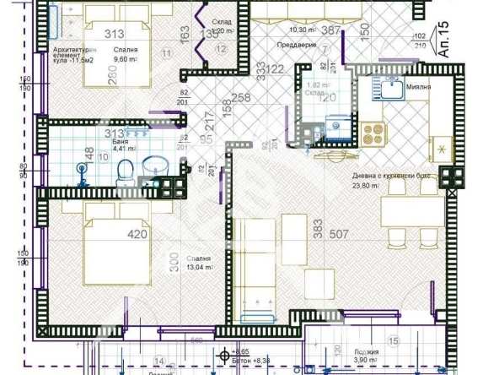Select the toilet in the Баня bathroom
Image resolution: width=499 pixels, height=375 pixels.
click(x=125, y=173)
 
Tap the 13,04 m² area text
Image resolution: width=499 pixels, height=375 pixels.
click(x=199, y=269)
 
